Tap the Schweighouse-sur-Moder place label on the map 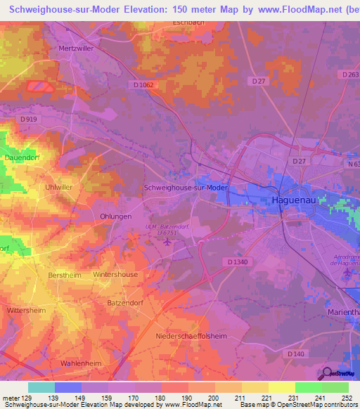pos(186,188)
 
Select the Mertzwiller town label pos(77,51)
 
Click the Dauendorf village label pos(20,159)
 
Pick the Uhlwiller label pos(59,188)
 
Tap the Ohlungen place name pos(115,217)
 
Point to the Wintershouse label pos(115,275)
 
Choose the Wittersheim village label pos(26,309)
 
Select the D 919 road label pos(28,119)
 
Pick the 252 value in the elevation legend pos(345,398)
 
